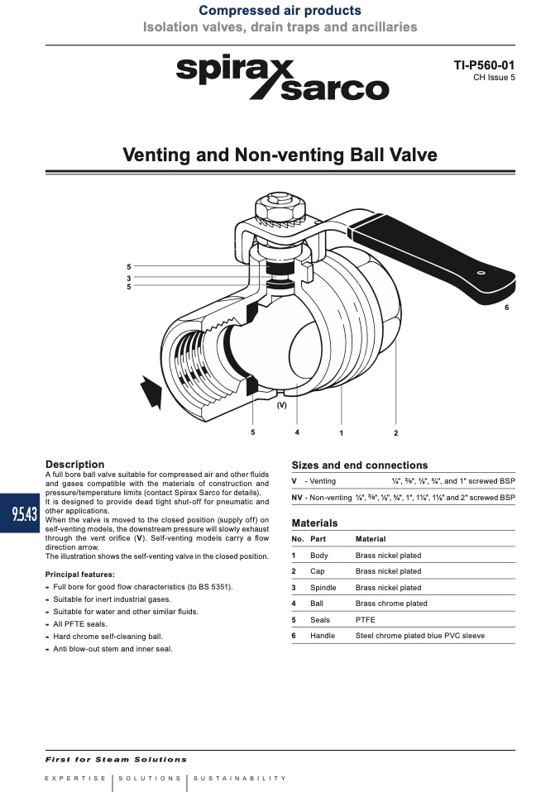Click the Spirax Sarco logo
coord(283,79)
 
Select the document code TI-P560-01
coord(484,65)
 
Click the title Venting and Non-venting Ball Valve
coord(280,155)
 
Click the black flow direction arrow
coord(151,392)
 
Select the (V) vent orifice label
coord(282,405)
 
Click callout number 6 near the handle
coord(507,308)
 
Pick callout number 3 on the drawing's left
coord(129,278)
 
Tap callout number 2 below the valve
coord(395,433)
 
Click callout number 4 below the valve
coord(297,432)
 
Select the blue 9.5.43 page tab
coord(20,513)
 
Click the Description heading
coord(74,464)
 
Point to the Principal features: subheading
coord(80,575)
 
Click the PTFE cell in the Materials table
coord(366,620)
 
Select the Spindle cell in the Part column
coord(323,588)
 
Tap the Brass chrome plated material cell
coord(391,604)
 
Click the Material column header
coord(371,539)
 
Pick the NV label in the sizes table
coord(297,498)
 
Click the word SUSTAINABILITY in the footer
coord(240,779)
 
